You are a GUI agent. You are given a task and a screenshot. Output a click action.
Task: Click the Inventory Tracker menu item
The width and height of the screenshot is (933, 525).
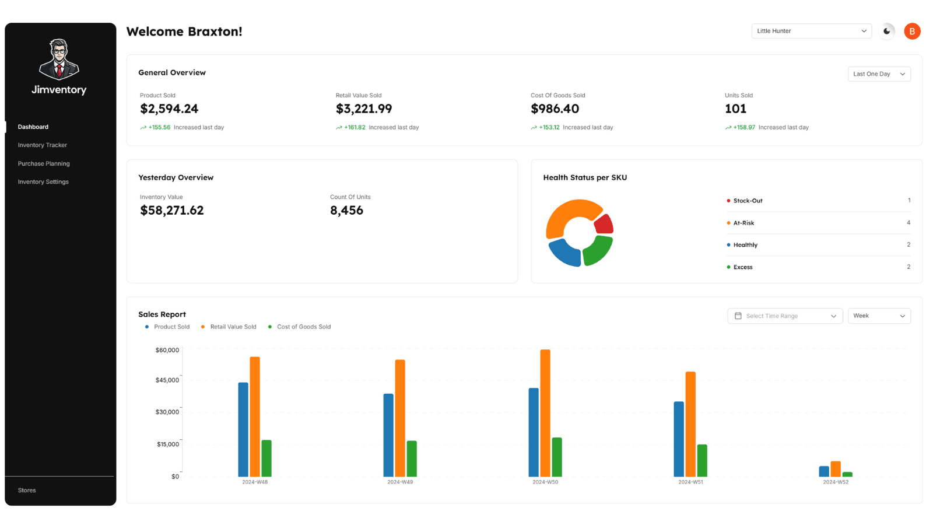click(42, 145)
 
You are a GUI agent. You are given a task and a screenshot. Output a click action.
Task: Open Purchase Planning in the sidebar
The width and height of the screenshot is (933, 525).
click(44, 164)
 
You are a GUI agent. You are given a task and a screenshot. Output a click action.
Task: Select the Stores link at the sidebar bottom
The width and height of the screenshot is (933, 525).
click(27, 491)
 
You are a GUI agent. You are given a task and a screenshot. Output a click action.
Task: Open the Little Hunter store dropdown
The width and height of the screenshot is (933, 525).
click(811, 31)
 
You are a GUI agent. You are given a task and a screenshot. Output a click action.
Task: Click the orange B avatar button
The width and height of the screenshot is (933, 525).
click(912, 31)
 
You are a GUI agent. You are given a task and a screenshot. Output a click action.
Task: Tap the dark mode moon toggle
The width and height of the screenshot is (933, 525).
click(887, 31)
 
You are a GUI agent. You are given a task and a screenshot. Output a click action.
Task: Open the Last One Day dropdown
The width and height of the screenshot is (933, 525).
click(879, 74)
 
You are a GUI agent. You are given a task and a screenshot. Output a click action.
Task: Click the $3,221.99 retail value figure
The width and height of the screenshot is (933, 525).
click(364, 109)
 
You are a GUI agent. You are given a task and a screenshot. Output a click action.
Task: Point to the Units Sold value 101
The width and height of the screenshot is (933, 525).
click(735, 109)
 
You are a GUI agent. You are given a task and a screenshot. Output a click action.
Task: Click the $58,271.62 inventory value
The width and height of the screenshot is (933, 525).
click(172, 211)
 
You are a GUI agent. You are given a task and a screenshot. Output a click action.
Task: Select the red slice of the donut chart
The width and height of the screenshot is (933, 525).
click(605, 224)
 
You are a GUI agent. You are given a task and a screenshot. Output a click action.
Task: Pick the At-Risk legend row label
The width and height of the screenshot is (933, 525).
click(743, 223)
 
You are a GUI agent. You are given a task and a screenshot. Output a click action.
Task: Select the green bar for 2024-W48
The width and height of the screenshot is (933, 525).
click(266, 459)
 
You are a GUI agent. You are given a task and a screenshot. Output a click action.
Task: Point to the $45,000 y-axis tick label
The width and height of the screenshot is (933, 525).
click(167, 380)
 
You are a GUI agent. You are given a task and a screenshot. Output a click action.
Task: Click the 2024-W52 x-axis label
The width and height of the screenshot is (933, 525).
click(836, 482)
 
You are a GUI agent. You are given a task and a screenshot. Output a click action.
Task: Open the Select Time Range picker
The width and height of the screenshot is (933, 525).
click(785, 316)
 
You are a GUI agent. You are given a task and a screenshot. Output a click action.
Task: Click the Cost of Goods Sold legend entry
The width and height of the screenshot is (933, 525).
click(303, 327)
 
